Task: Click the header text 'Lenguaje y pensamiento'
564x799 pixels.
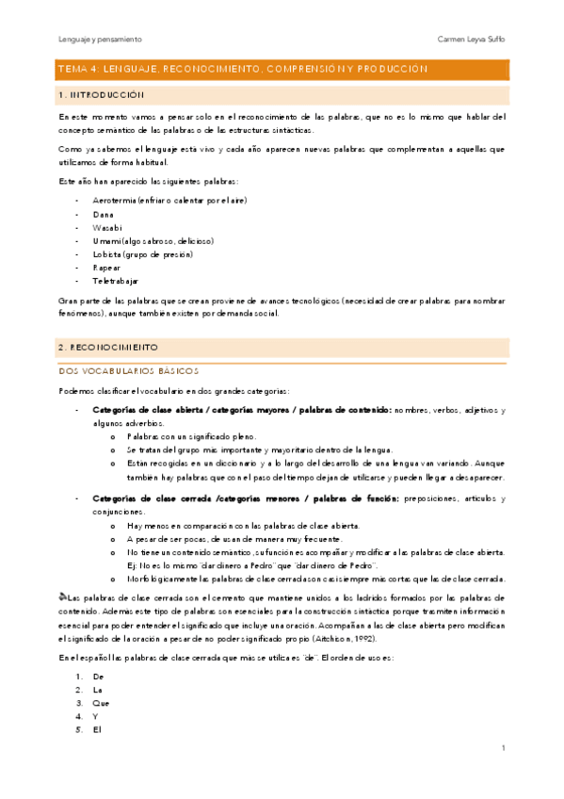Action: [x=100, y=40]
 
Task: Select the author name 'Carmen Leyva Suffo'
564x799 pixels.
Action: [x=472, y=40]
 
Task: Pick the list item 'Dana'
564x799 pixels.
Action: [x=103, y=215]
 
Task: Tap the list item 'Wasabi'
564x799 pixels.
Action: [x=106, y=228]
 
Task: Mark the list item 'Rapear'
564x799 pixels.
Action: [x=106, y=268]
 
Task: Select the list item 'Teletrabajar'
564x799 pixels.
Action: [x=116, y=281]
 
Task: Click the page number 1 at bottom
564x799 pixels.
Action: [x=504, y=748]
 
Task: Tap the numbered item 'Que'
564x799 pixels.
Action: [x=101, y=702]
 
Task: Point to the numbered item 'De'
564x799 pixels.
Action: [x=98, y=676]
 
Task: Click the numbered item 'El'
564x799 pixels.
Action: [x=97, y=728]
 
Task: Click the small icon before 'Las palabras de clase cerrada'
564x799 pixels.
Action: [x=62, y=596]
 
